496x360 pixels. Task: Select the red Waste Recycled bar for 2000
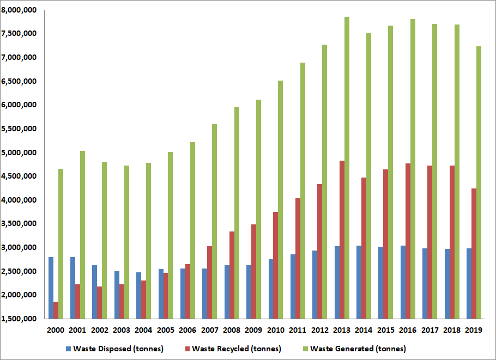[56, 310]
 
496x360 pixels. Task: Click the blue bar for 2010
[270, 289]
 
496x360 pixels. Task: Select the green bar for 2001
[83, 235]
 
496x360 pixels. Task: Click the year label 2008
[231, 330]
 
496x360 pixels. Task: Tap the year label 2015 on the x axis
[385, 330]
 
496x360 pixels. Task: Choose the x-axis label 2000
[56, 330]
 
